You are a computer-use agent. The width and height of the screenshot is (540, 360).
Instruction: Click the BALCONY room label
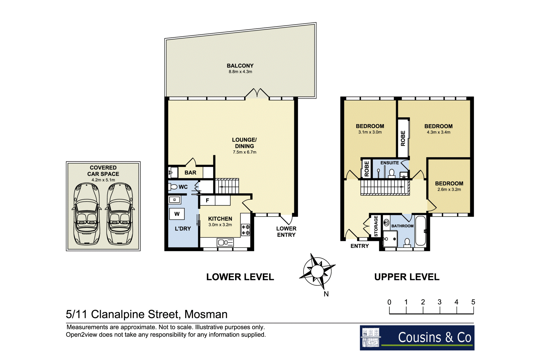(x=240, y=66)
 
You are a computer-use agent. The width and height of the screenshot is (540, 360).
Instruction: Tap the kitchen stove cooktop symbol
(x=246, y=230)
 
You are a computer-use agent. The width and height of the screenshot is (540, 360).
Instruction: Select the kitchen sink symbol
(x=225, y=242)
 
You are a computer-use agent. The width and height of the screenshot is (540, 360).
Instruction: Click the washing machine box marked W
(x=177, y=214)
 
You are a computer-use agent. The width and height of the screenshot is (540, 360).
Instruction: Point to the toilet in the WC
(x=173, y=187)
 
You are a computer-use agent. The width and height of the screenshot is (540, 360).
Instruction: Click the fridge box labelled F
(x=207, y=200)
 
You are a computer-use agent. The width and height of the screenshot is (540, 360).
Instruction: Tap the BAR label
(x=190, y=173)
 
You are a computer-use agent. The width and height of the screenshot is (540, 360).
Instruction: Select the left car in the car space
(x=87, y=214)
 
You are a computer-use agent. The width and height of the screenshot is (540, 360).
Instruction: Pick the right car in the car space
(x=120, y=214)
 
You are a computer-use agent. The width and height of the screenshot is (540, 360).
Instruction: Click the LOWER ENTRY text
(x=286, y=232)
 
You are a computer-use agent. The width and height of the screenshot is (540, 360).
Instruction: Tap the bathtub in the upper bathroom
(x=420, y=231)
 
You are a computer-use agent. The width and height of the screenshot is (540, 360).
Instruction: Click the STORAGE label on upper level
(x=376, y=226)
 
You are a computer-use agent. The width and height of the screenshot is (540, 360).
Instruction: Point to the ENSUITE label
(x=390, y=163)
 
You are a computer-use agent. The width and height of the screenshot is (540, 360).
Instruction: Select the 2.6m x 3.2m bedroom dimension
(x=449, y=189)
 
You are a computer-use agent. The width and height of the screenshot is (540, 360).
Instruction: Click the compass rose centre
(x=317, y=271)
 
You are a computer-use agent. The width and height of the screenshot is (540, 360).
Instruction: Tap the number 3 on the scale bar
(x=440, y=302)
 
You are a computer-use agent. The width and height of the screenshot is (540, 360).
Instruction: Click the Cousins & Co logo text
(x=435, y=337)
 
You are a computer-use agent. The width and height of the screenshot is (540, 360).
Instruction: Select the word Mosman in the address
(x=206, y=314)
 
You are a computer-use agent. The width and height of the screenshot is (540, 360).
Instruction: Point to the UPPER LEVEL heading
(x=407, y=277)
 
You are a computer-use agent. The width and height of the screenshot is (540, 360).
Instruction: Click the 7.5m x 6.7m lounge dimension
(x=244, y=152)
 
